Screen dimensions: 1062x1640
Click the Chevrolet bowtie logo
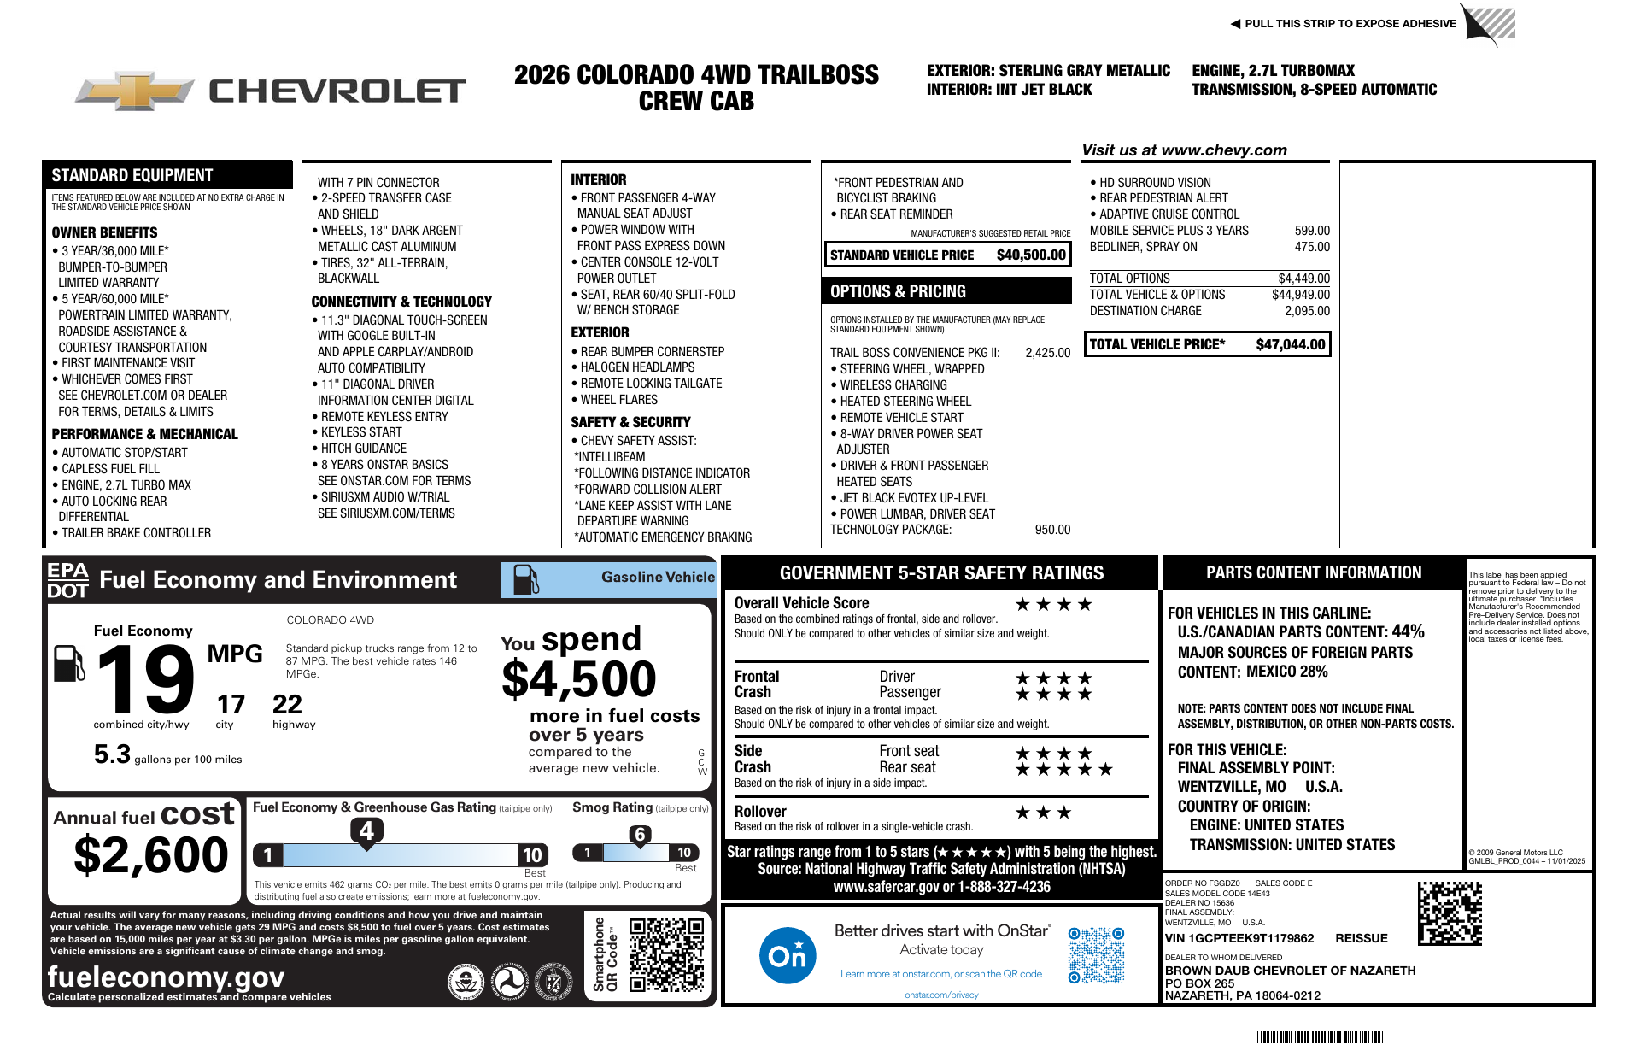click(134, 91)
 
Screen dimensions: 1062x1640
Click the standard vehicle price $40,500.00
click(1031, 255)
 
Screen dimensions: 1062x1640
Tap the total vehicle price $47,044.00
click(1290, 344)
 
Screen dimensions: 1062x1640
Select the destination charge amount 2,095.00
click(1307, 311)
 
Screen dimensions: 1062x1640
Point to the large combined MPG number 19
click(145, 679)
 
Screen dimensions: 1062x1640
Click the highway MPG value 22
click(287, 705)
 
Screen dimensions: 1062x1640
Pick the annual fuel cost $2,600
click(151, 855)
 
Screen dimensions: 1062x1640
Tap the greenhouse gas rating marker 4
click(366, 830)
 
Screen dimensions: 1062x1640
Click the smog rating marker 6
click(640, 835)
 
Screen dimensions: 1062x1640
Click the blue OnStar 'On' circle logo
click(787, 955)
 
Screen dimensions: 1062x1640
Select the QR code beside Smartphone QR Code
click(666, 954)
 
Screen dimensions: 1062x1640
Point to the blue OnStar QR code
click(1096, 955)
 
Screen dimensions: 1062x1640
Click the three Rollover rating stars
click(1043, 813)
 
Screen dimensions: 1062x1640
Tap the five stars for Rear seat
click(1063, 770)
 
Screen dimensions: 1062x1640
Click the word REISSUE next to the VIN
click(1362, 938)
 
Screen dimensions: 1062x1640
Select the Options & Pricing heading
click(898, 291)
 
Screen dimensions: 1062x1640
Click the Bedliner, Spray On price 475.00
click(1312, 247)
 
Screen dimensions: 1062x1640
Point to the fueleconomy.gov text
click(166, 977)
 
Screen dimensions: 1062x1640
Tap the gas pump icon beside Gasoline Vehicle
click(525, 579)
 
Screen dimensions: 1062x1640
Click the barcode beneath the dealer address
click(1320, 1037)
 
